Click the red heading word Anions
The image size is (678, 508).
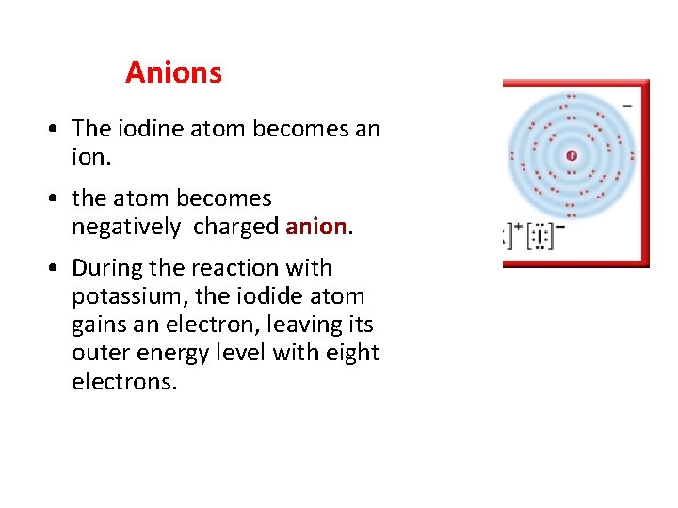tap(173, 72)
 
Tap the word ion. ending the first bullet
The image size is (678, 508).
tap(91, 157)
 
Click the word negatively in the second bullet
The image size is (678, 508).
tap(125, 227)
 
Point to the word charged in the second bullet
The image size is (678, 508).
tap(235, 227)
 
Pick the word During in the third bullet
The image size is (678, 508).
tap(105, 268)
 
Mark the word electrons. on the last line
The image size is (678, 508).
tap(124, 381)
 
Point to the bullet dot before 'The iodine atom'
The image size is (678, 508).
tap(57, 130)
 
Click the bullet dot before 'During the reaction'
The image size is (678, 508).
tap(57, 269)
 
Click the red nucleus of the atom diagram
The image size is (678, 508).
tap(572, 155)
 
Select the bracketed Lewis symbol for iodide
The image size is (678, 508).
tap(541, 236)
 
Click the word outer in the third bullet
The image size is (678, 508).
tap(101, 353)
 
